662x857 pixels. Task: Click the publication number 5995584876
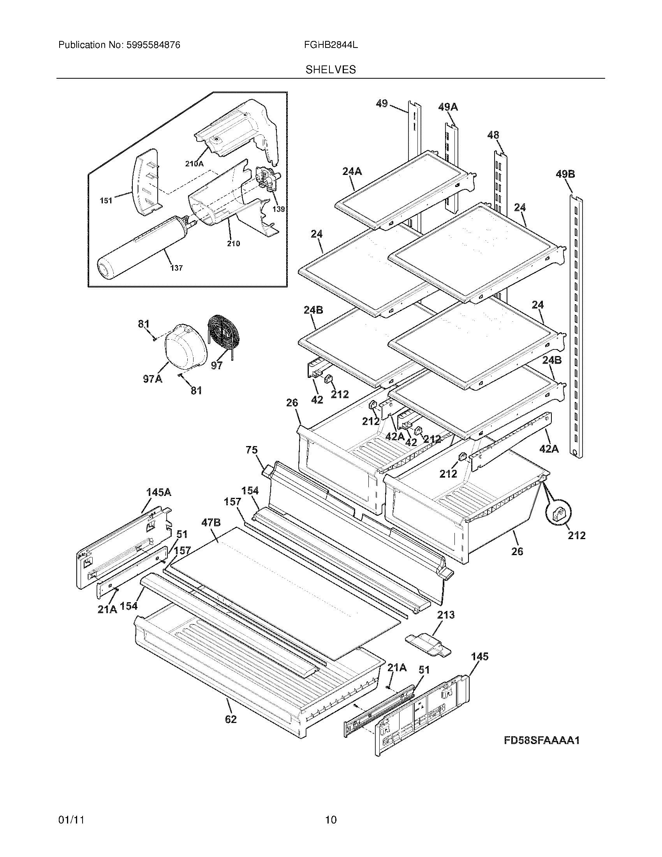point(153,45)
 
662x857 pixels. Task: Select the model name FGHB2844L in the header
point(331,45)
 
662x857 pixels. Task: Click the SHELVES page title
point(331,70)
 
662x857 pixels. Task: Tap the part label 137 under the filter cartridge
point(176,268)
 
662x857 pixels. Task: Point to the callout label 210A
point(194,164)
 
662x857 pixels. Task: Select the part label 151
point(106,201)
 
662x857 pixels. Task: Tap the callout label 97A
point(152,379)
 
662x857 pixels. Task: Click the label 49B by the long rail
point(565,174)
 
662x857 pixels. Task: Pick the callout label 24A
point(352,171)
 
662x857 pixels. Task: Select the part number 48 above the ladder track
point(493,136)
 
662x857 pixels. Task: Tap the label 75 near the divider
point(252,450)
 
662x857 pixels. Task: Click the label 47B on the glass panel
point(211,522)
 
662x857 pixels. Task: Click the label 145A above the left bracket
point(158,492)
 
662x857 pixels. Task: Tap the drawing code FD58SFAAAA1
point(542,741)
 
